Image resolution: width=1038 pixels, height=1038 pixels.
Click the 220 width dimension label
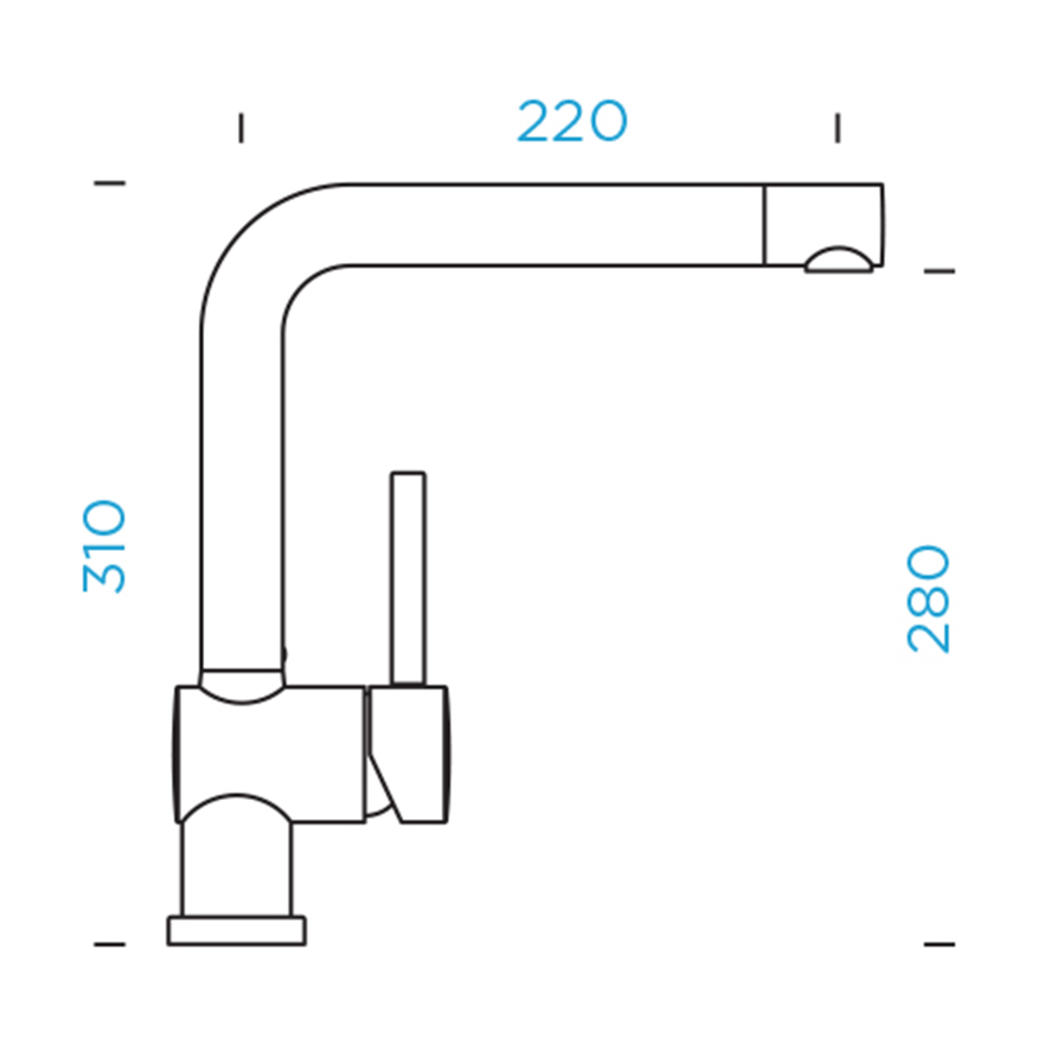572,120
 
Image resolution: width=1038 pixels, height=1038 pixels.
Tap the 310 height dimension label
105,547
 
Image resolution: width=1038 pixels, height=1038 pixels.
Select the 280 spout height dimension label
927,599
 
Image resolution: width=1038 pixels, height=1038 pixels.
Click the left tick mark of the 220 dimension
241,128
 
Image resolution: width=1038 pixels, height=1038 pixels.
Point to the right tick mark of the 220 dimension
837,128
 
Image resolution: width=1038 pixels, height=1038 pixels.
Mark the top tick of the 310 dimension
110,183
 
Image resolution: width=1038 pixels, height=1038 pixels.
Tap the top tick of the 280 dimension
939,272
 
